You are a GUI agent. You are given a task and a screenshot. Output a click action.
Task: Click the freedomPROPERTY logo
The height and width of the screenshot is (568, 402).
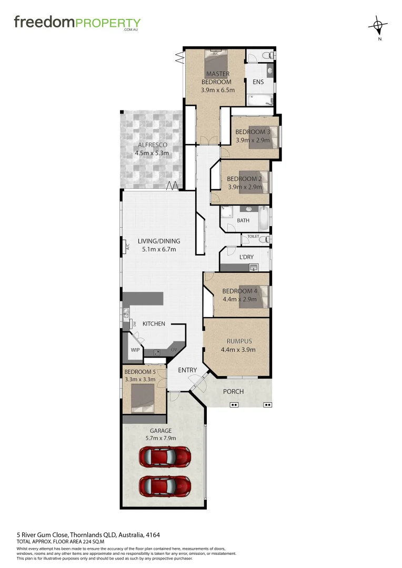[77, 23]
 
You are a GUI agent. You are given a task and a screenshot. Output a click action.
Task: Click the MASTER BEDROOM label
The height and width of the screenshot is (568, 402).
[218, 78]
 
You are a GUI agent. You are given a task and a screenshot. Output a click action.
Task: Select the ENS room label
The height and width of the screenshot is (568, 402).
[258, 82]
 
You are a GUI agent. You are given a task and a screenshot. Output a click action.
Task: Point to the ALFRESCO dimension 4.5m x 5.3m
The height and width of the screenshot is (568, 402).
[152, 154]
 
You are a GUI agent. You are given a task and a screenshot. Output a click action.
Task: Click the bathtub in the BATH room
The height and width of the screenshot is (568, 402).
[262, 217]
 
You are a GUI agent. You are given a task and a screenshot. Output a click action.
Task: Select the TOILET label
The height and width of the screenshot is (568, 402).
[254, 237]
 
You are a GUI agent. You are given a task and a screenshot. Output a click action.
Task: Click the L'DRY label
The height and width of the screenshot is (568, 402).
[246, 257]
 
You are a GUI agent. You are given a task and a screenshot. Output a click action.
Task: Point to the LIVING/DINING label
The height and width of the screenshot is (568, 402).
[159, 241]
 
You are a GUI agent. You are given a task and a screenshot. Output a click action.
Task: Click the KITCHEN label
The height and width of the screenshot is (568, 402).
[154, 323]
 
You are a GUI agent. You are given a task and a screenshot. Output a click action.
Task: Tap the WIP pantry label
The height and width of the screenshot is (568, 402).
[135, 349]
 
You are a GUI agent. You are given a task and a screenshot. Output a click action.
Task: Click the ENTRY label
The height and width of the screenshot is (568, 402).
[187, 370]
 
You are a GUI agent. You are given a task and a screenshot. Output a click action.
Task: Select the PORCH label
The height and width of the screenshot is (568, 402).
[233, 391]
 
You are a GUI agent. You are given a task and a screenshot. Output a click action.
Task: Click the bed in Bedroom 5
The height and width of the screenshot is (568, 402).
[142, 398]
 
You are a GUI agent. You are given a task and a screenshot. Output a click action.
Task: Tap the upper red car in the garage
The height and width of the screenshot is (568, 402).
[165, 457]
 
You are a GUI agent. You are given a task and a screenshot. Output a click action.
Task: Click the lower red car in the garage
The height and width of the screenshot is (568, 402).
[165, 486]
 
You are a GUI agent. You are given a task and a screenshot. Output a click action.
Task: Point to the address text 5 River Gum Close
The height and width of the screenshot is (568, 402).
[79, 535]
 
